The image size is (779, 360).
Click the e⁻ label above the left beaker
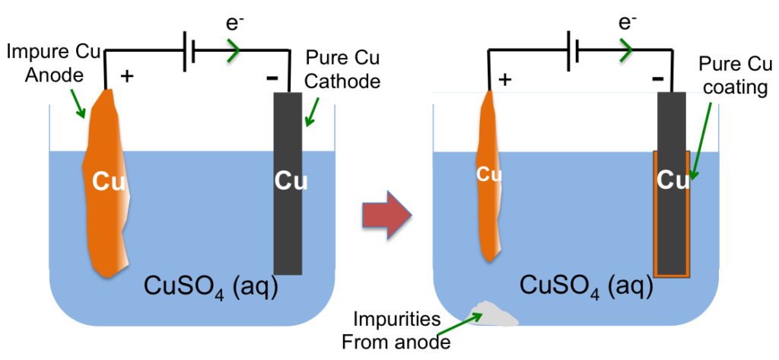click(x=234, y=24)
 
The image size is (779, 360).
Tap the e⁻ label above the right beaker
click(x=626, y=24)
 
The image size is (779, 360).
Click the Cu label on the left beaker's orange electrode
click(x=108, y=181)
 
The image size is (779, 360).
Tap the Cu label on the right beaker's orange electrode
click(x=489, y=174)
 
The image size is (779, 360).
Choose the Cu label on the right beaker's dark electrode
click(x=672, y=180)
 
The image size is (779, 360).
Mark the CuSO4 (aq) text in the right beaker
click(x=587, y=285)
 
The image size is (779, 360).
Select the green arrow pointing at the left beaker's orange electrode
click(x=78, y=104)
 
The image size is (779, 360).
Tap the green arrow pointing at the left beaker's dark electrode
click(x=312, y=111)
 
